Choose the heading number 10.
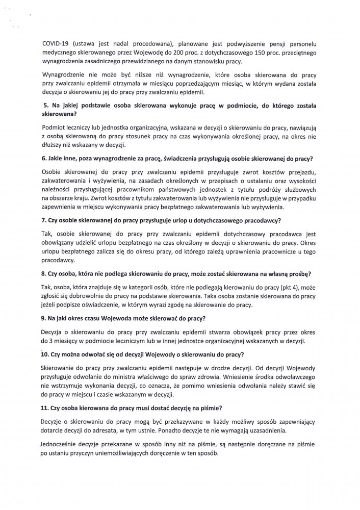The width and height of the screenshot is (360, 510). (x=45, y=354)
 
